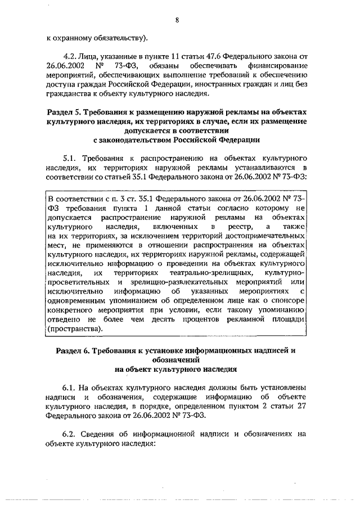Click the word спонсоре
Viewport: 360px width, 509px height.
289,301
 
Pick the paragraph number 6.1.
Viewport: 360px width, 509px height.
71,388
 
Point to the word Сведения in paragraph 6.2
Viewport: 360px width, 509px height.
99,433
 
